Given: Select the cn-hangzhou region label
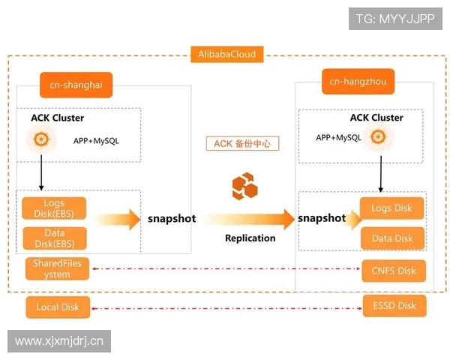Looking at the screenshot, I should point(358,81).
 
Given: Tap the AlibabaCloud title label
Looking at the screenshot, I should point(226,54).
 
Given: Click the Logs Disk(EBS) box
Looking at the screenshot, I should point(54,208).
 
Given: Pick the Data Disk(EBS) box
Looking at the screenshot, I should point(54,238).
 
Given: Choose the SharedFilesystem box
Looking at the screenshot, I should point(57,268).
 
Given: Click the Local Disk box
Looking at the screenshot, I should point(57,306).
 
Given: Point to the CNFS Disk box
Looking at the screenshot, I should point(394,270).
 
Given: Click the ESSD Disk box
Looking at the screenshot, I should point(394,305).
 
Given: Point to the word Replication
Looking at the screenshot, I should point(250,238).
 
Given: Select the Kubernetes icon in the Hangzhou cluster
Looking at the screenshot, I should point(378,137).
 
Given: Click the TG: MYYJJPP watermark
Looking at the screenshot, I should point(395,19).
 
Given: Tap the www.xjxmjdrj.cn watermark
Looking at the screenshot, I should point(60,341).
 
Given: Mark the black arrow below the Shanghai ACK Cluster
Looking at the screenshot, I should point(40,176).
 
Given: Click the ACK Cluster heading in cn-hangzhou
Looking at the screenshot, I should point(376,118).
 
